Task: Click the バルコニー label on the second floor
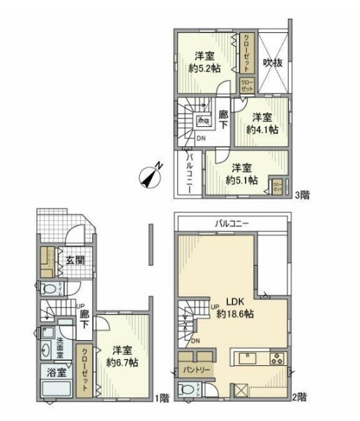point(233,224)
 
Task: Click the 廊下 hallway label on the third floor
point(223,119)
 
